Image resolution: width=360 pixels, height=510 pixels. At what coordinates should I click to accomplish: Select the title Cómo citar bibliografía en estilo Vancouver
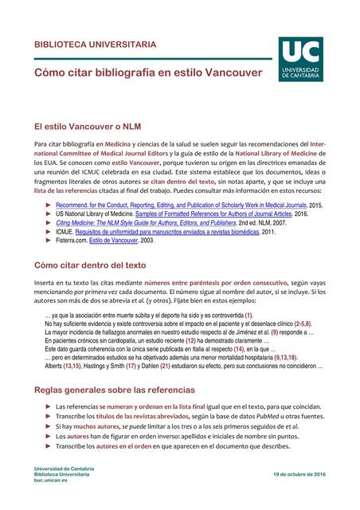click(147, 73)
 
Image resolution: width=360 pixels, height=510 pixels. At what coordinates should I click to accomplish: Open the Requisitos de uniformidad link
click(181, 231)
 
